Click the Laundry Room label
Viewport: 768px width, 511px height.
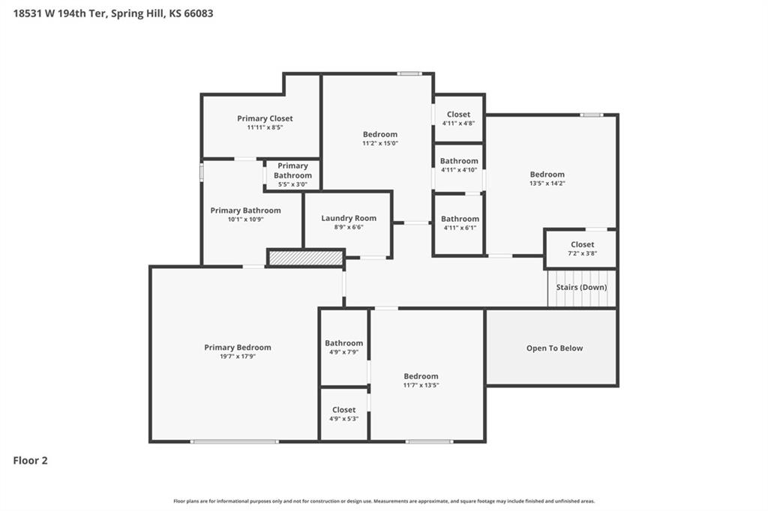click(x=349, y=218)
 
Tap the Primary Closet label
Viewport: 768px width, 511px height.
click(x=265, y=118)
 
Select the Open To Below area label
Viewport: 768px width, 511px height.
click(x=554, y=348)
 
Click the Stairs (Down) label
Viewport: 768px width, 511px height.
click(x=581, y=287)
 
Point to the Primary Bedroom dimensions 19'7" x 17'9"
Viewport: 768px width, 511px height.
click(x=238, y=357)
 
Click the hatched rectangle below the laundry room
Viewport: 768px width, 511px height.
click(x=306, y=258)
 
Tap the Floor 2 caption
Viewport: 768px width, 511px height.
click(x=31, y=461)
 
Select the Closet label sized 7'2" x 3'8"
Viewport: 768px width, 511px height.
click(x=582, y=244)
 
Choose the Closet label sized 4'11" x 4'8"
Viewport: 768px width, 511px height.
click(x=458, y=115)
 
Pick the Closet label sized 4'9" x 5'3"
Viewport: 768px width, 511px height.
click(x=343, y=410)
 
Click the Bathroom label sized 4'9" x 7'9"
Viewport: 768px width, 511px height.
click(x=343, y=343)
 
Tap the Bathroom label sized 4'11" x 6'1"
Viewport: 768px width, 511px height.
click(x=459, y=219)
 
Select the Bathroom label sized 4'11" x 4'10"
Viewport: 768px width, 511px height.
click(x=459, y=161)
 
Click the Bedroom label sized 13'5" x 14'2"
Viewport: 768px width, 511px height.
click(x=547, y=175)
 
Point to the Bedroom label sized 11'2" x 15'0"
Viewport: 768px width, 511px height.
click(x=379, y=135)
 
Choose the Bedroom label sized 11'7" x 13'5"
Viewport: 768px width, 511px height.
click(x=421, y=376)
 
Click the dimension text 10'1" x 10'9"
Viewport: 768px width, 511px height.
click(x=245, y=220)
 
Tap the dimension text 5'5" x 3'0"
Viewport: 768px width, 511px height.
click(x=292, y=184)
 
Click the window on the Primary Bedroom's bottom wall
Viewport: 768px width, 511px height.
click(x=235, y=441)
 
